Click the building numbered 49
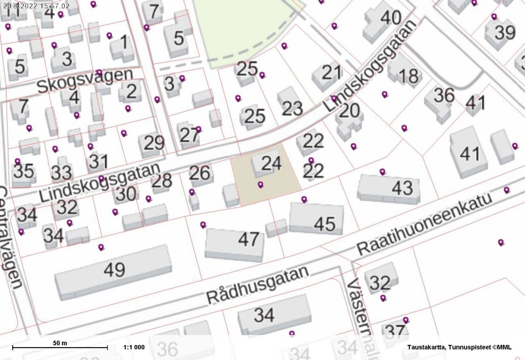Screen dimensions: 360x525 pyautogui.click(x=114, y=270)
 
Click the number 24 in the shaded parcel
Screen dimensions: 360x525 pyautogui.click(x=271, y=163)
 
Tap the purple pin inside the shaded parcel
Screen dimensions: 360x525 pyautogui.click(x=260, y=185)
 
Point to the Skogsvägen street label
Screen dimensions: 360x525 pyautogui.click(x=85, y=81)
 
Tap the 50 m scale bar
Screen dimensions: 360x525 pyautogui.click(x=60, y=347)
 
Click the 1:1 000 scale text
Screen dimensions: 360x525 pyautogui.click(x=134, y=347)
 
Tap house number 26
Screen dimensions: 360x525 pyautogui.click(x=200, y=173)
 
